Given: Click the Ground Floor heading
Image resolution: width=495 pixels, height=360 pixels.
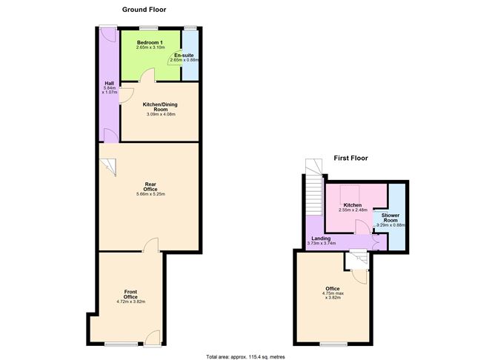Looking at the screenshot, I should [144, 10].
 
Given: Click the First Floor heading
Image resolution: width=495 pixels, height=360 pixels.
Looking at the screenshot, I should [350, 158].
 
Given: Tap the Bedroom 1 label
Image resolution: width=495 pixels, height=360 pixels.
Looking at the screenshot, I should [150, 43].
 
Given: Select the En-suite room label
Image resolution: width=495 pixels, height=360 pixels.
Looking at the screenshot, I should [184, 56].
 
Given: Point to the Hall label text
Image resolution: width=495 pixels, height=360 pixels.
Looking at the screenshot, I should [109, 84].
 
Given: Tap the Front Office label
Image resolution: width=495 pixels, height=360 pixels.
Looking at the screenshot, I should [130, 294].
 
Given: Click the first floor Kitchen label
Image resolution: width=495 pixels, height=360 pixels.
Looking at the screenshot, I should [352, 205].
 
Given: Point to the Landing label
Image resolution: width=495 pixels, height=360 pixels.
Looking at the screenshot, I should [321, 238].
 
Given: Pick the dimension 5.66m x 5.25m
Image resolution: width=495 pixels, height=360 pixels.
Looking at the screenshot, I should [150, 194].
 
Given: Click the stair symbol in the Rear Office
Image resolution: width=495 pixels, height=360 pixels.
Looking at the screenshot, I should [109, 167].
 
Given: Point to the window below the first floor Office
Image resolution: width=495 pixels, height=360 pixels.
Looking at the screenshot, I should [330, 344].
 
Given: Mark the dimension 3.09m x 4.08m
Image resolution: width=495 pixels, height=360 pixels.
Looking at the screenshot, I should [160, 114].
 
